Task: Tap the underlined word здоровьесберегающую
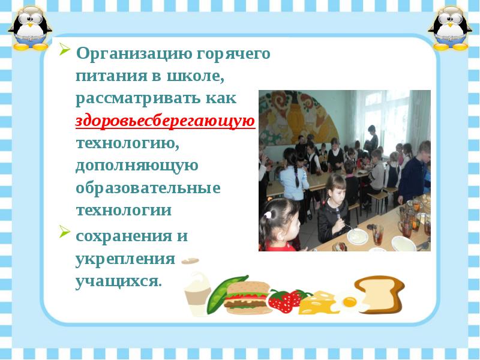[166, 121]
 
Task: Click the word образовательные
[148, 188]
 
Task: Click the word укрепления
[125, 259]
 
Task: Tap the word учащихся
[118, 280]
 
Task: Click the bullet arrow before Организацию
[64, 50]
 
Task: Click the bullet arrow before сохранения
[64, 233]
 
